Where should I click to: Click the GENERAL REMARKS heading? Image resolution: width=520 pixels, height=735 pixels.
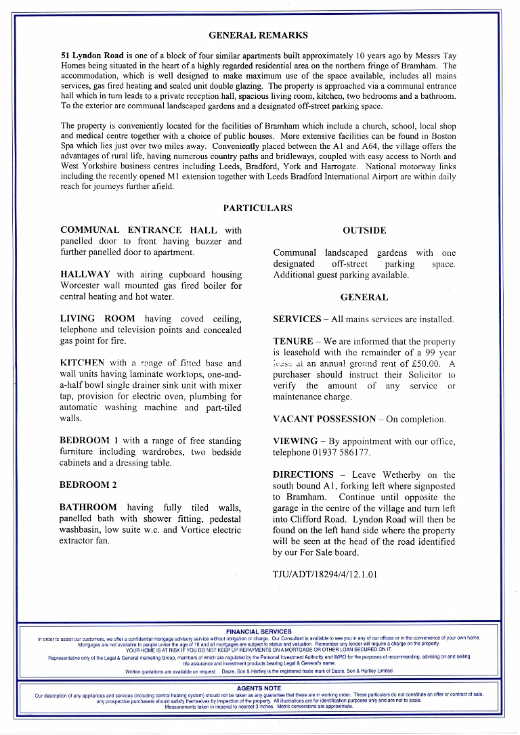pos(258,35)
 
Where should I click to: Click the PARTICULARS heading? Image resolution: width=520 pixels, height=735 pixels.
pos(258,208)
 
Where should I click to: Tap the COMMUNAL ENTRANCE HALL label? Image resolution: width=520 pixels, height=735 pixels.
pos(139,231)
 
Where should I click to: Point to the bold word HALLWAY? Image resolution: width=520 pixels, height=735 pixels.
pos(86,275)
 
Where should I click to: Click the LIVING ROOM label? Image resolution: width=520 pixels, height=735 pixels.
pos(97,319)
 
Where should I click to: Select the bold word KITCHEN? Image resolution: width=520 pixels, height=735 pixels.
pos(83,363)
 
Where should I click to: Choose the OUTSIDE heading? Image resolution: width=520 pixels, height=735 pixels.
pos(364,231)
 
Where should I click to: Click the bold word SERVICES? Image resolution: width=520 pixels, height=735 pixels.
pos(297,319)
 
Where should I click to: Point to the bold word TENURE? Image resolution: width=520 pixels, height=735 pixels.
pos(293,342)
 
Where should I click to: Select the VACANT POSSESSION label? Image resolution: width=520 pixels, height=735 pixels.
pos(324,420)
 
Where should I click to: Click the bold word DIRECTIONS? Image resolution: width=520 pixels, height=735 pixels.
pos(303,475)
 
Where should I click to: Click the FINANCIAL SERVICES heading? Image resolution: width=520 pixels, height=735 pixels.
pos(259,631)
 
